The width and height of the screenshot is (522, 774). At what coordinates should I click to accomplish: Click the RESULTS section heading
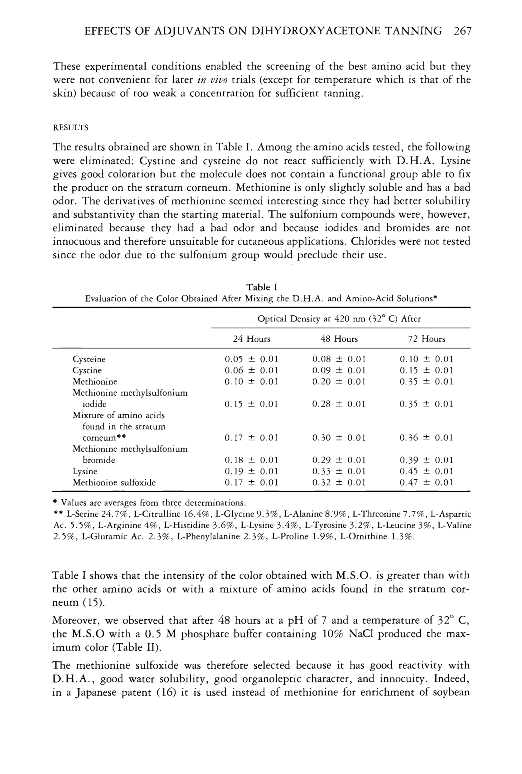70,128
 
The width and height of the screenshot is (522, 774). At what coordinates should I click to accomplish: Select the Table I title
262,287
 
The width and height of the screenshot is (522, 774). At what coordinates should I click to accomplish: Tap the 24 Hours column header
252,339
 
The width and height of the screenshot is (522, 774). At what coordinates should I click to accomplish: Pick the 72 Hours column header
427,339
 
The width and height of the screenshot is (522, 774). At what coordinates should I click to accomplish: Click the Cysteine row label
89,359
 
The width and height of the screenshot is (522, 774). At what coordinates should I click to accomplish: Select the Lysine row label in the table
85,471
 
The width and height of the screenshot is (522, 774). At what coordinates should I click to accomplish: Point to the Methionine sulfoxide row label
114,483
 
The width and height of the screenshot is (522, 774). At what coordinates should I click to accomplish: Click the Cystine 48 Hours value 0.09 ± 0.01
339,370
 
